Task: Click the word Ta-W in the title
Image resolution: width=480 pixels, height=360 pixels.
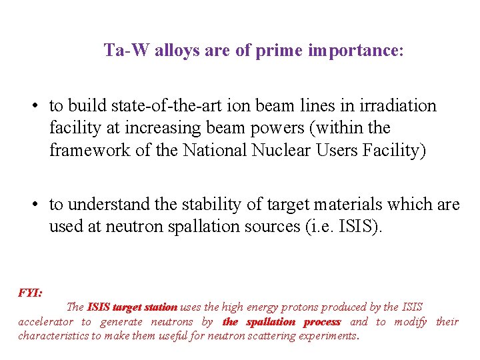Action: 127,51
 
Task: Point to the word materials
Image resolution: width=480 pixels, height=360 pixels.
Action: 323,204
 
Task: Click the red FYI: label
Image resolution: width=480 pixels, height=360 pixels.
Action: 31,293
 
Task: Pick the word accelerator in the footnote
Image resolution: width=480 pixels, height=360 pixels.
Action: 45,322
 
